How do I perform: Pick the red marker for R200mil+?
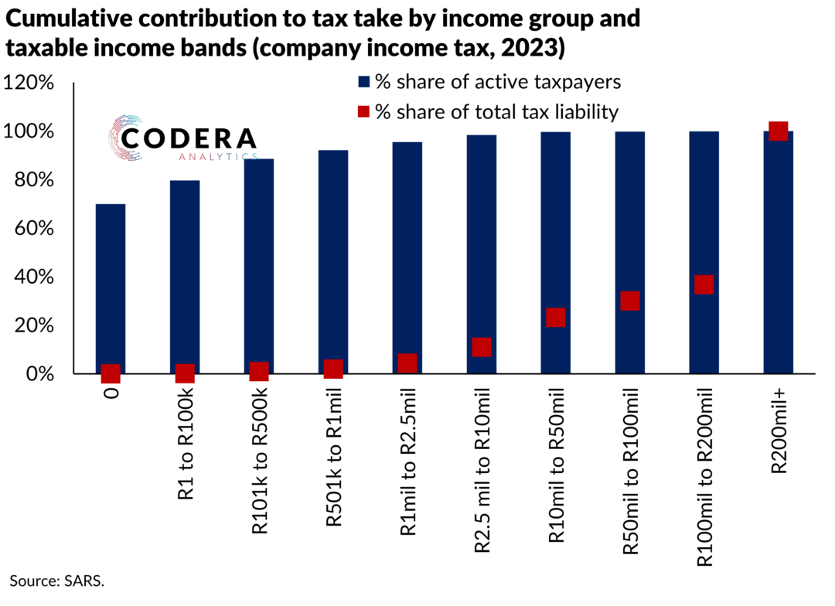[x=778, y=131]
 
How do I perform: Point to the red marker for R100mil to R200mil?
[x=704, y=284]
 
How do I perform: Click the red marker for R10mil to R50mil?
[x=555, y=317]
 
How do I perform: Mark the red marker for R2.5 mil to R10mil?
[x=481, y=346]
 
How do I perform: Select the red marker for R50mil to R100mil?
[x=629, y=301]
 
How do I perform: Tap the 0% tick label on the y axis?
[x=38, y=374]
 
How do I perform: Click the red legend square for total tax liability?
[x=362, y=112]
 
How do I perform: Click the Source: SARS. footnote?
[x=56, y=580]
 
